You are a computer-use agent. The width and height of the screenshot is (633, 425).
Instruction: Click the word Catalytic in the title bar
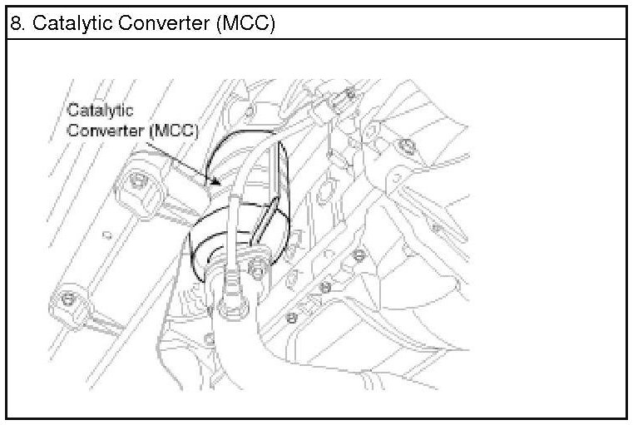point(57,24)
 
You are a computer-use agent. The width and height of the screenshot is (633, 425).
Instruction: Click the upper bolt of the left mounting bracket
point(137,179)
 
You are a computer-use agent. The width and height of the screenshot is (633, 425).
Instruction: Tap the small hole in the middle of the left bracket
point(106,235)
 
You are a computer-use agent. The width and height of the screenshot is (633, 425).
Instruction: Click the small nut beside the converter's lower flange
point(258,268)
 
